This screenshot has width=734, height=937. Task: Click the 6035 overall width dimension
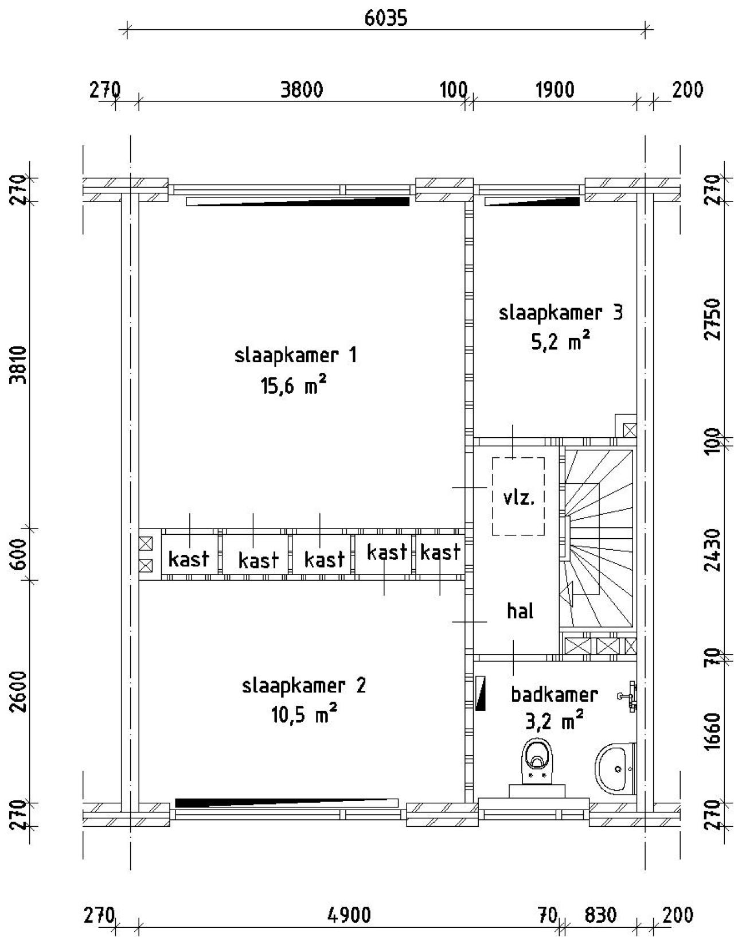pyautogui.click(x=386, y=18)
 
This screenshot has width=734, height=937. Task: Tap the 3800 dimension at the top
pyautogui.click(x=302, y=90)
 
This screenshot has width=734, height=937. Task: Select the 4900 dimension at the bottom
pyautogui.click(x=349, y=915)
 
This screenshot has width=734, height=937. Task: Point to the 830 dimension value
pyautogui.click(x=600, y=915)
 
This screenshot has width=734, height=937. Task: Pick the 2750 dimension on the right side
pyautogui.click(x=712, y=319)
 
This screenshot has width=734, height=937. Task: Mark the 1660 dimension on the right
pyautogui.click(x=712, y=731)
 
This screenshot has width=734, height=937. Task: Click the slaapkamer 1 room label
pyautogui.click(x=295, y=355)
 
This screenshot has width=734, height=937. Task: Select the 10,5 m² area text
pyautogui.click(x=303, y=716)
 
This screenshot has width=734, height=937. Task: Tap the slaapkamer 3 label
pyautogui.click(x=560, y=313)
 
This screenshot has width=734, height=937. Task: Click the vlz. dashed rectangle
pyautogui.click(x=518, y=496)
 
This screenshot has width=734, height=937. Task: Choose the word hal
pyautogui.click(x=520, y=611)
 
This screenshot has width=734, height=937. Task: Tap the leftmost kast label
pyautogui.click(x=189, y=558)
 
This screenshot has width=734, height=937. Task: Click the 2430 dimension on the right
pyautogui.click(x=712, y=550)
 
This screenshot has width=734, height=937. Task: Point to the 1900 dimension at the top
pyautogui.click(x=555, y=90)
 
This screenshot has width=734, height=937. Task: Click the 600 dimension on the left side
pyautogui.click(x=19, y=554)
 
